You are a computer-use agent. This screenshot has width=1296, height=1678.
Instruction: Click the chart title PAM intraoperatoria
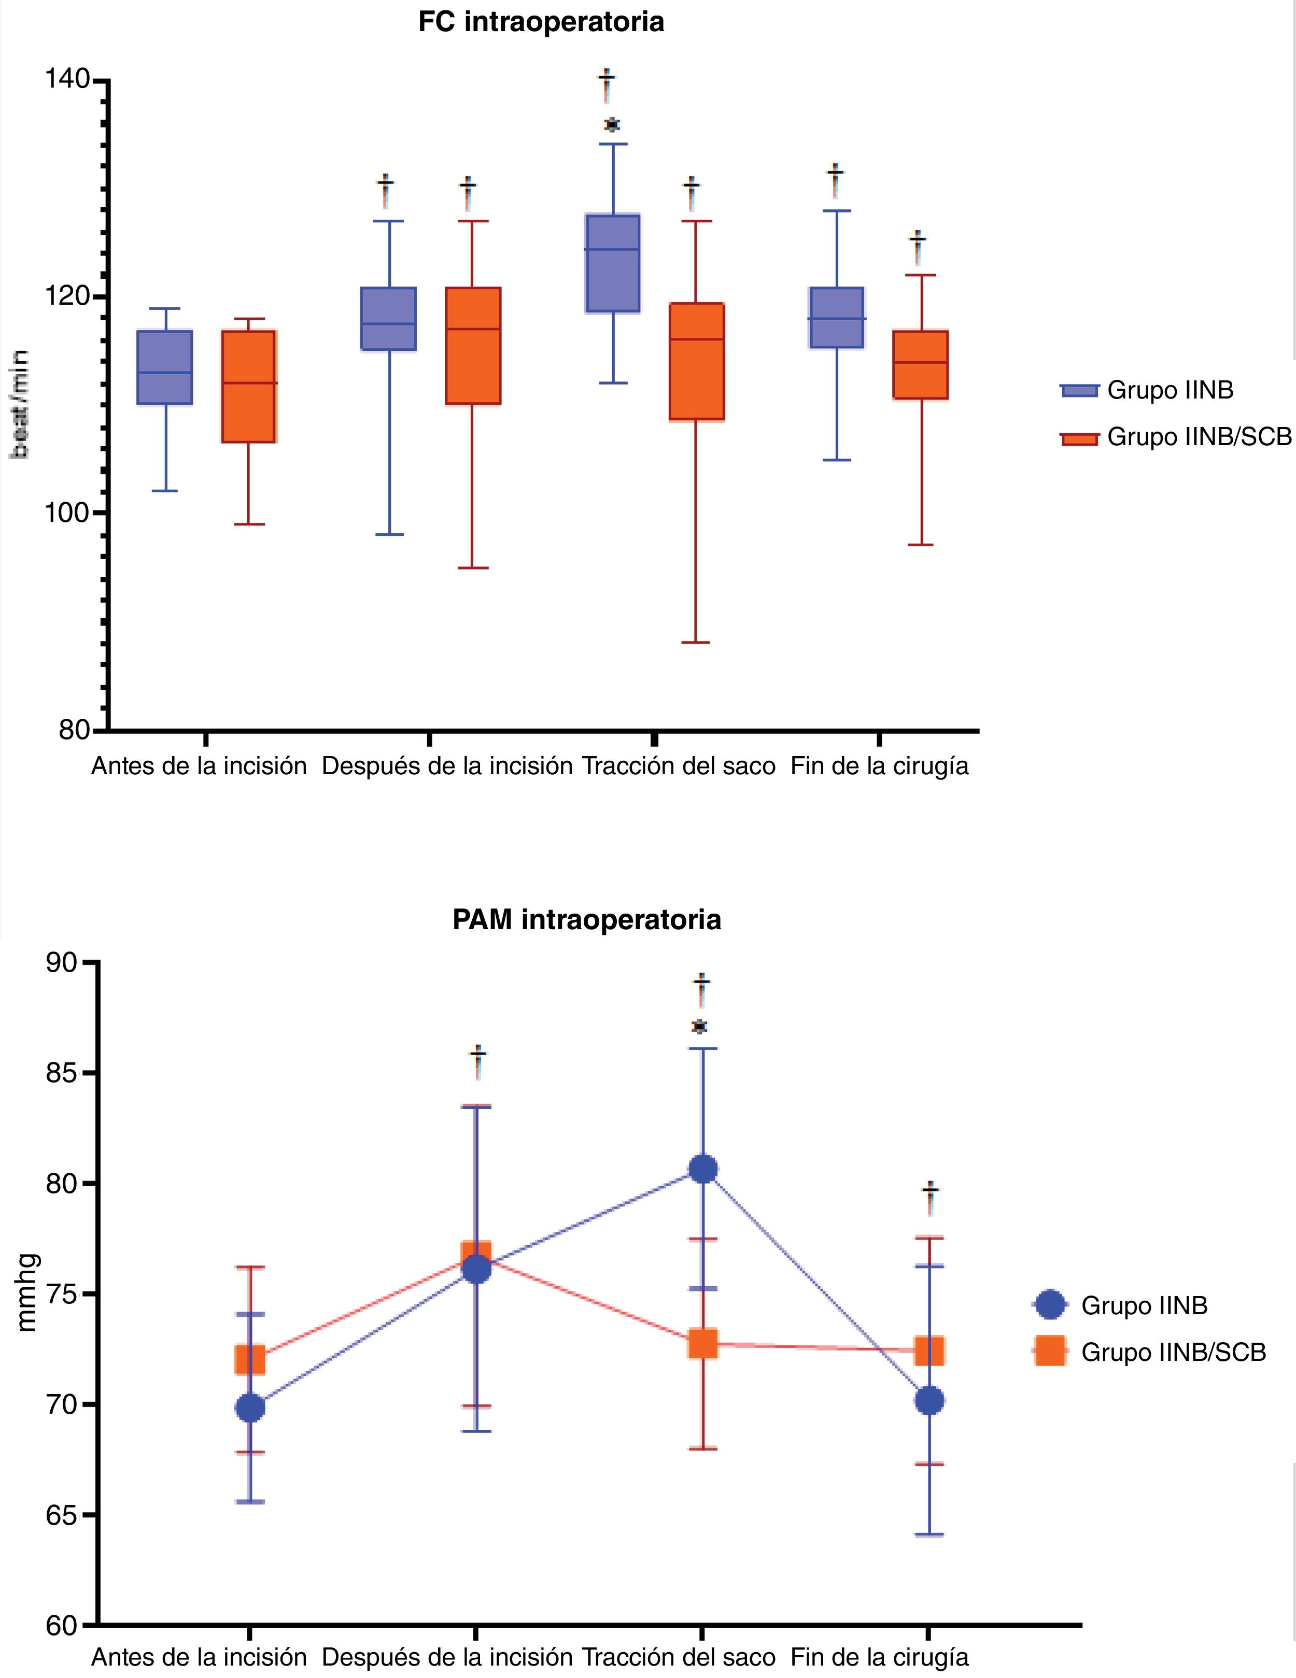[x=586, y=920]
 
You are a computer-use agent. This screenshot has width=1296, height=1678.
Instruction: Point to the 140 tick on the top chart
[x=67, y=80]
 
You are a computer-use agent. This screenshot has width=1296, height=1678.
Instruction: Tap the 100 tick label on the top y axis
[x=67, y=513]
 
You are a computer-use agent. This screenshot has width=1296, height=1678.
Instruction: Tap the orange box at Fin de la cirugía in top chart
[x=920, y=364]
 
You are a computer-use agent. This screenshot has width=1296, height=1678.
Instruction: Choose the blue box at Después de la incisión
[x=388, y=318]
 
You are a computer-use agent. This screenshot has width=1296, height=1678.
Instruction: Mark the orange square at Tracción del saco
[x=702, y=1344]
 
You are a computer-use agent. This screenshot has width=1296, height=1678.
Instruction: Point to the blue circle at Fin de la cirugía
[x=929, y=1401]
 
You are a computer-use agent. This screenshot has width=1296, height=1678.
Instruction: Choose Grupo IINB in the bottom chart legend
[x=1143, y=1305]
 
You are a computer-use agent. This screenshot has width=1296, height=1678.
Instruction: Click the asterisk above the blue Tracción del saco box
[x=612, y=124]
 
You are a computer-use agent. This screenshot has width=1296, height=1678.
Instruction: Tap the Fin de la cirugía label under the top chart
[x=879, y=766]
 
